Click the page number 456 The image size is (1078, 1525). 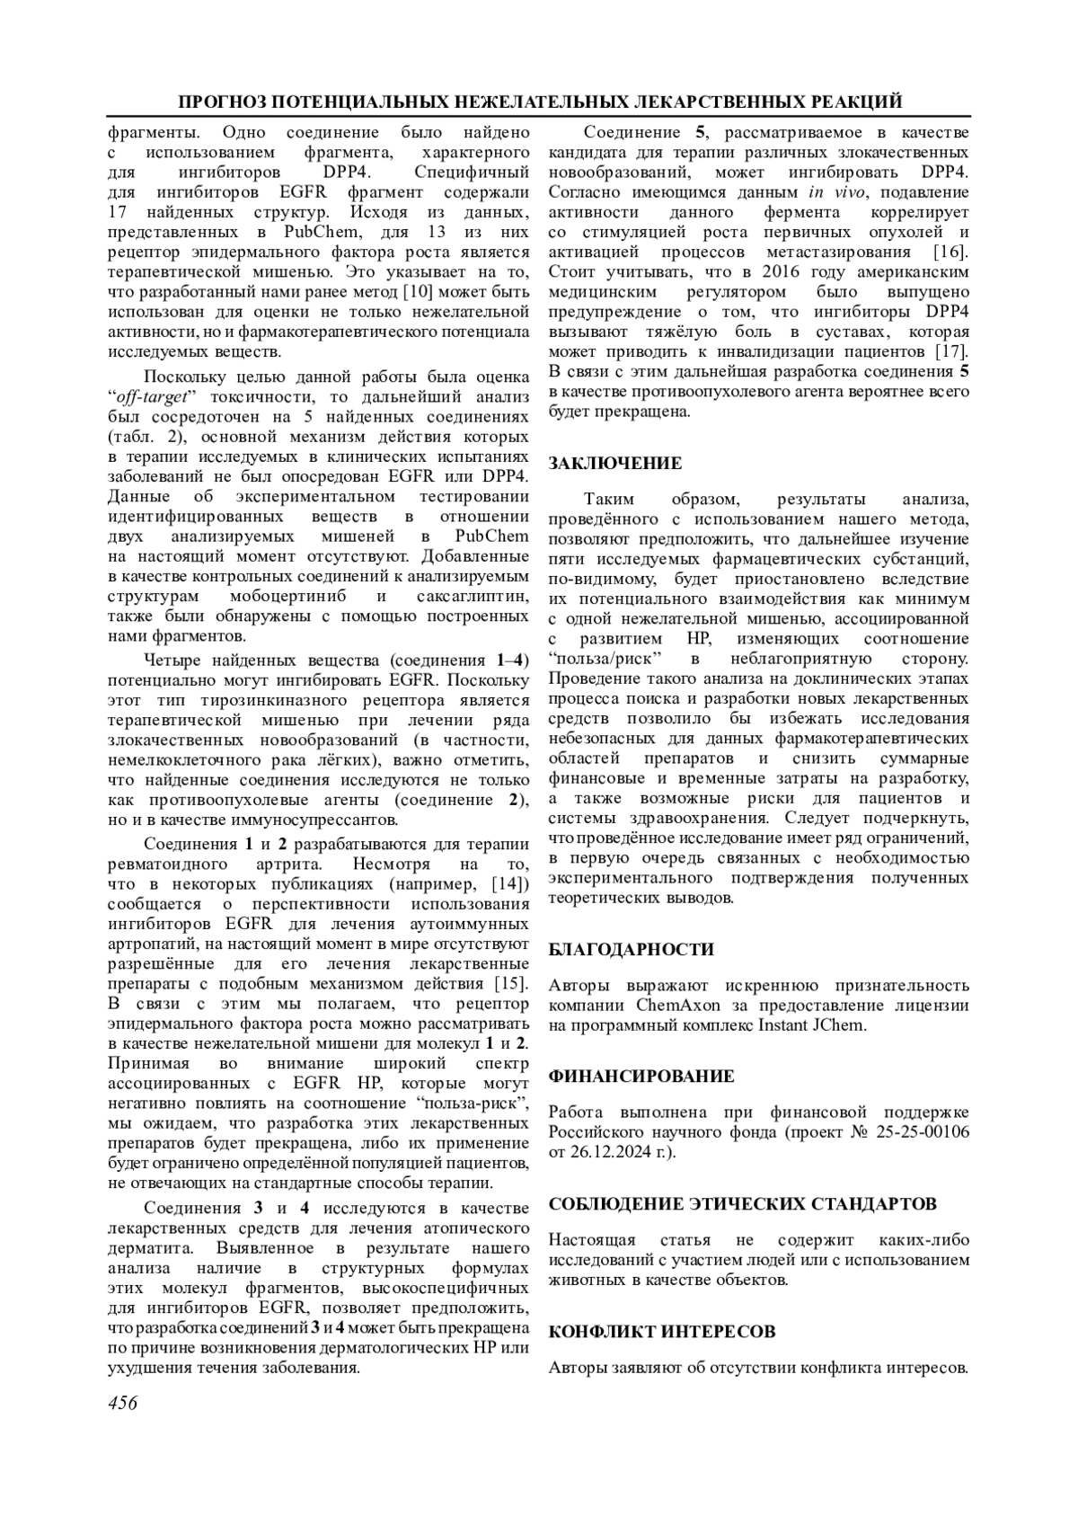point(122,1403)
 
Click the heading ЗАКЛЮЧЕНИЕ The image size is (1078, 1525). point(615,464)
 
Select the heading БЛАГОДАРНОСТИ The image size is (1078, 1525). point(632,950)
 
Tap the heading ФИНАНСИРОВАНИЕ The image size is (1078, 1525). point(641,1077)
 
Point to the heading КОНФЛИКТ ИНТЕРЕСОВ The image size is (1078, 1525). point(662,1332)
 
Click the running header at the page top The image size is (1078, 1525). point(539,101)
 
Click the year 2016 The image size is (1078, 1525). point(785,271)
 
